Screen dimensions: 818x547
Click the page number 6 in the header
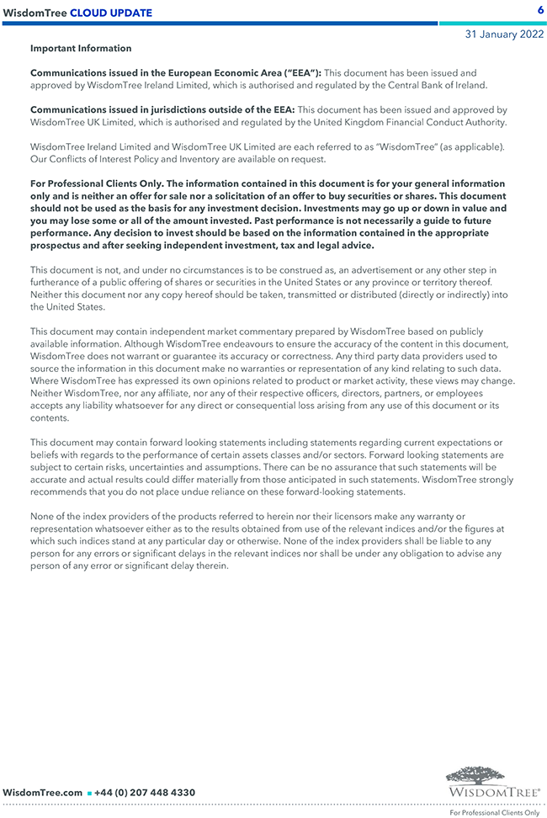(x=540, y=9)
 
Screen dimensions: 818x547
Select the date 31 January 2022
(x=505, y=35)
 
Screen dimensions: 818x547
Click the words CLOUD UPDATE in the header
(x=111, y=13)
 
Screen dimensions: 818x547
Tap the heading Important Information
(x=81, y=49)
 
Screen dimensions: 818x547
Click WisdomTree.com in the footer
(x=43, y=793)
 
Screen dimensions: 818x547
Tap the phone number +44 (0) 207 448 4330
(x=145, y=793)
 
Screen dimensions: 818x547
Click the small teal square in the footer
(x=89, y=794)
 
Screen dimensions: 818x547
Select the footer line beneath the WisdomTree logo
(x=494, y=812)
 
